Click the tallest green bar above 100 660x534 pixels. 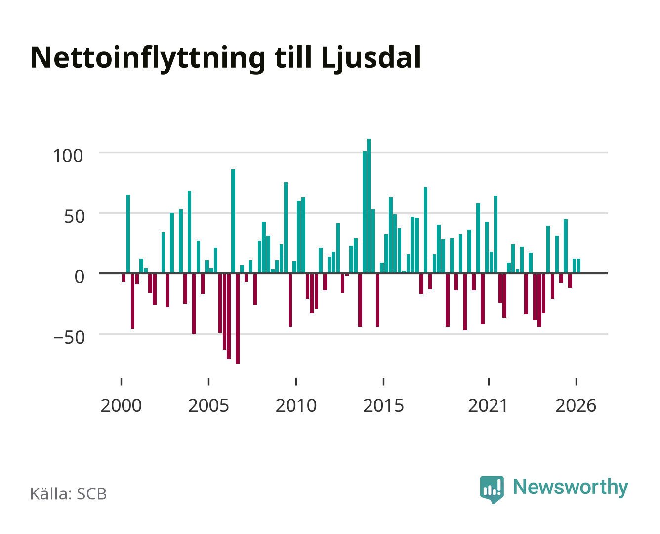click(369, 206)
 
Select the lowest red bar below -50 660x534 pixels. click(238, 318)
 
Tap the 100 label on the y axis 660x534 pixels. click(68, 156)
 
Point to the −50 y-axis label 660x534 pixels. click(69, 337)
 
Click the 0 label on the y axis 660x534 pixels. click(80, 276)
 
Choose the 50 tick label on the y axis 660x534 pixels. click(75, 217)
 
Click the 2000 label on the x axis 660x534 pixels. click(121, 405)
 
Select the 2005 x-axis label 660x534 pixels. click(208, 405)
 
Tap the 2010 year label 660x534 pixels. click(296, 405)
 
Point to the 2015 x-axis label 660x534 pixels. click(384, 405)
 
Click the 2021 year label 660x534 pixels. click(488, 405)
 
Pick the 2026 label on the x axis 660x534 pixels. click(576, 405)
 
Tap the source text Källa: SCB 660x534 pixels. click(69, 493)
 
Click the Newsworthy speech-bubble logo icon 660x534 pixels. click(492, 489)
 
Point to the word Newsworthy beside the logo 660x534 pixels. click(571, 488)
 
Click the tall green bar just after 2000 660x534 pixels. click(128, 234)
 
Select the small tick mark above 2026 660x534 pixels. click(576, 381)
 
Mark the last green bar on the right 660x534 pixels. click(578, 266)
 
